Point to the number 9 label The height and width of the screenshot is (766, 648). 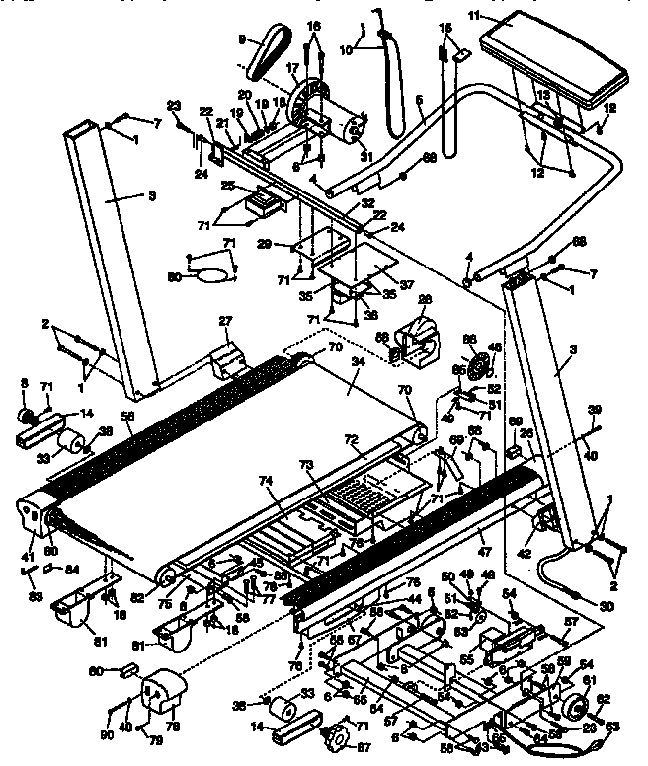click(241, 39)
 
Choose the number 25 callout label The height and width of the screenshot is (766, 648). click(227, 186)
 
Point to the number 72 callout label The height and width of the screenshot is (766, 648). click(351, 437)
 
